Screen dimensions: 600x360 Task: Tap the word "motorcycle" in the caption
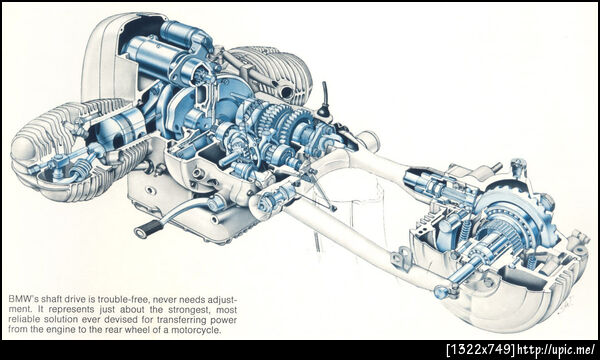click(201, 330)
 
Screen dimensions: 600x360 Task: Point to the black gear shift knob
click(325, 109)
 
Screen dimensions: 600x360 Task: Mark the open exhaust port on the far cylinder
click(286, 92)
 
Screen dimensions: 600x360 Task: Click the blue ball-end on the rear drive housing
click(440, 292)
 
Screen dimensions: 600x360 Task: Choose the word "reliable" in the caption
click(22, 319)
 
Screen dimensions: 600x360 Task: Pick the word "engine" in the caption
click(59, 330)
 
